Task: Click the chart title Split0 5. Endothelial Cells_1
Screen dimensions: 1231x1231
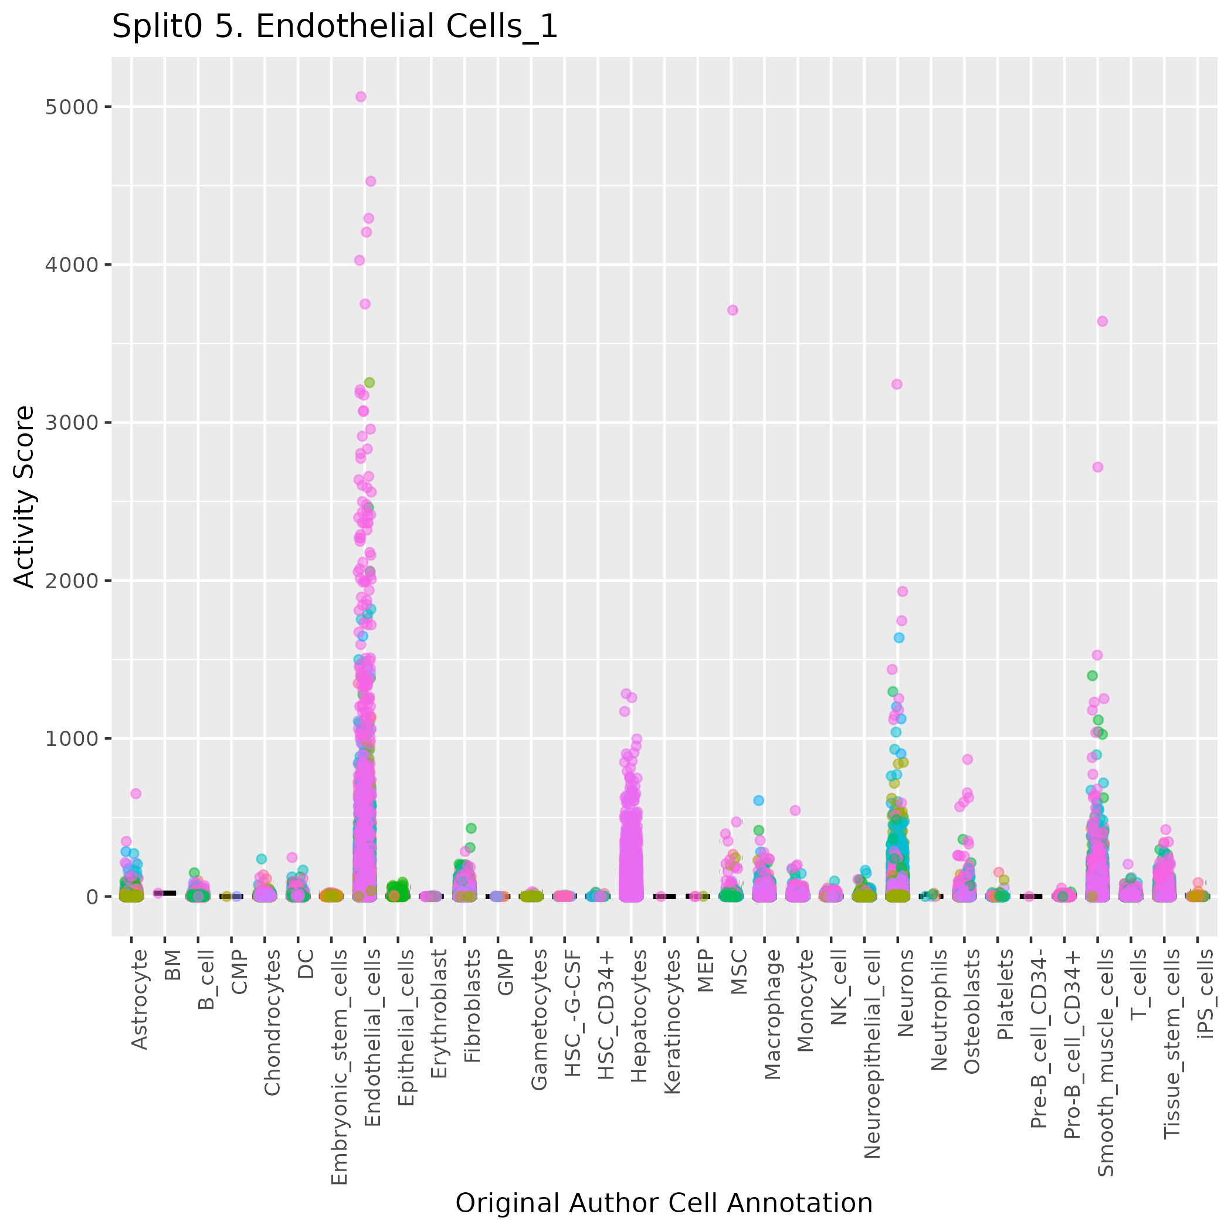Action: [x=334, y=28]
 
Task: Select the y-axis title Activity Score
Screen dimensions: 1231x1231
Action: [x=25, y=496]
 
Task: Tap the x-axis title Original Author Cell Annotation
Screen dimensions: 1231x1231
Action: [x=663, y=1203]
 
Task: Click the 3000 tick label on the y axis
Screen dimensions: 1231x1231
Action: [x=72, y=422]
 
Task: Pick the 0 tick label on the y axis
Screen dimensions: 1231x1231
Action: [x=91, y=897]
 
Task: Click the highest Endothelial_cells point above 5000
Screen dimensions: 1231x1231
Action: [x=361, y=97]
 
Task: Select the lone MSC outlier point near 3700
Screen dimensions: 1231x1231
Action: [x=733, y=310]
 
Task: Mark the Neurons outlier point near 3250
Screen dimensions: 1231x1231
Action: [x=897, y=384]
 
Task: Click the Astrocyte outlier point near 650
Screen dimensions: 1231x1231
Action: [x=135, y=793]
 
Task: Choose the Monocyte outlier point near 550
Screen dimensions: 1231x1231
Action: [x=795, y=811]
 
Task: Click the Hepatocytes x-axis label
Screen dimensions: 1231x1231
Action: [x=639, y=1016]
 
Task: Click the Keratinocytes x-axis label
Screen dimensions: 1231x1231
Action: [x=672, y=1022]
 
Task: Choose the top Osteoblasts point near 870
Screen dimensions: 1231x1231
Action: [x=967, y=759]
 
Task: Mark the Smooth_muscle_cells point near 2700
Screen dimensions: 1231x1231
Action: [x=1098, y=467]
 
